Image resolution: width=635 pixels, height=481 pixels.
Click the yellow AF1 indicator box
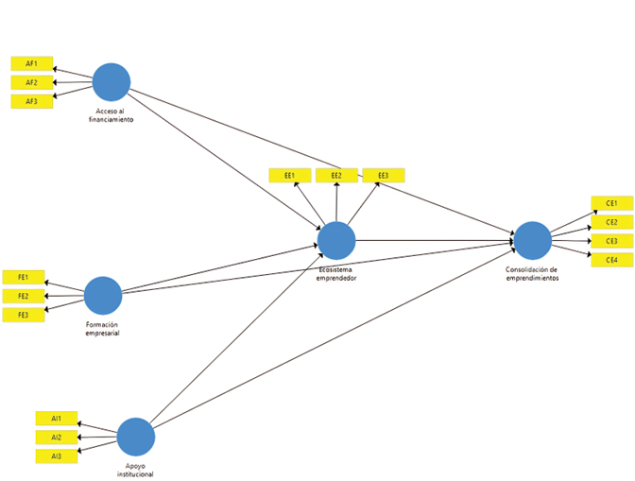click(x=31, y=63)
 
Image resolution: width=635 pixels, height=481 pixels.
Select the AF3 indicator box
click(x=31, y=101)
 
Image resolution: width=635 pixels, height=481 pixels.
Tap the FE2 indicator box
click(x=23, y=296)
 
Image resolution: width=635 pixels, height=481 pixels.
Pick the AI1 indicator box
click(x=57, y=418)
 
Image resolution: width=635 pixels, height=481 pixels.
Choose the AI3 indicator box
click(x=57, y=456)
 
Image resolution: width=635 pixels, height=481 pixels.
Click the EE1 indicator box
click(x=289, y=175)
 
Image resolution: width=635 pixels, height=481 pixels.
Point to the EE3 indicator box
click(x=384, y=175)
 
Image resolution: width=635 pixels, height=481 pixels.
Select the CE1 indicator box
click(x=611, y=203)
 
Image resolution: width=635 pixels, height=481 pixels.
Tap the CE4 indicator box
click(x=611, y=260)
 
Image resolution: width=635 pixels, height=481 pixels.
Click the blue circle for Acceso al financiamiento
click(x=112, y=81)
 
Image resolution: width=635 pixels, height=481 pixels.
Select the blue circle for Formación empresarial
click(x=103, y=296)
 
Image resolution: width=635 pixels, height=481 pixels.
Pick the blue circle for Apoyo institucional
click(x=136, y=438)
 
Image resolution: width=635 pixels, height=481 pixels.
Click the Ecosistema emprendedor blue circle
click(x=336, y=240)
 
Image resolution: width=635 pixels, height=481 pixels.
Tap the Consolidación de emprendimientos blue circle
click(x=533, y=240)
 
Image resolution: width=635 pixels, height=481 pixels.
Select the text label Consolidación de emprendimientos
click(x=532, y=274)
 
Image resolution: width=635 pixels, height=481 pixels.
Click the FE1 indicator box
click(x=23, y=277)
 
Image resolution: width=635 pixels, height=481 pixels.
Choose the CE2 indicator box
click(x=611, y=222)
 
